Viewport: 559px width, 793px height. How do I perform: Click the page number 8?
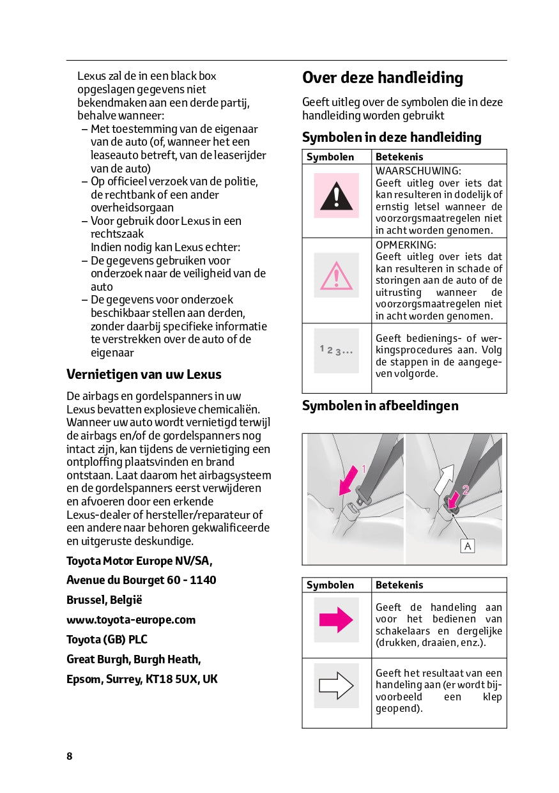click(x=70, y=757)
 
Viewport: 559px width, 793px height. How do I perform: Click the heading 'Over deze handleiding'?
click(x=382, y=78)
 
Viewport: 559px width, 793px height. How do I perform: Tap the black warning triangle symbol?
click(x=336, y=196)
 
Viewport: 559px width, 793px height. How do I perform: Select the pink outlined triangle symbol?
click(x=336, y=275)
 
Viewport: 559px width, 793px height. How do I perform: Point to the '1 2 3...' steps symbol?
click(x=336, y=351)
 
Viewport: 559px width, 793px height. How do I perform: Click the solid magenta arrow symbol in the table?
click(x=336, y=620)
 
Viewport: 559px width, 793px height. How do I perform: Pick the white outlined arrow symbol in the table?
click(x=336, y=686)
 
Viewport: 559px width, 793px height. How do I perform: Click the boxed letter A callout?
click(x=468, y=546)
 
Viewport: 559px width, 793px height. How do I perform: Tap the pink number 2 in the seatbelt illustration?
click(x=465, y=490)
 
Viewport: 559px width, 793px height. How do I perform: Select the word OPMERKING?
click(x=406, y=245)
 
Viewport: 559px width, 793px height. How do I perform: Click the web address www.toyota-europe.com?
click(x=131, y=620)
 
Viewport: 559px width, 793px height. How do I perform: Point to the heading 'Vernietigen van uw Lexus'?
click(x=144, y=374)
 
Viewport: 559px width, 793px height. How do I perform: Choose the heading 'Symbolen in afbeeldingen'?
click(x=380, y=406)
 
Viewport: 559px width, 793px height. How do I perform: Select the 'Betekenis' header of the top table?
click(x=399, y=157)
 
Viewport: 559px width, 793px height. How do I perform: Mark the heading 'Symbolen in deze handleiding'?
click(x=392, y=137)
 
